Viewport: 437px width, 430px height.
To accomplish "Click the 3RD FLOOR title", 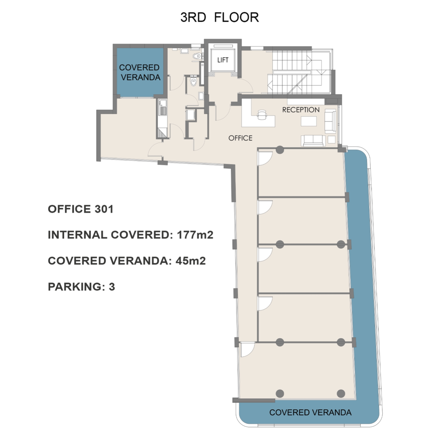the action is coord(219,17).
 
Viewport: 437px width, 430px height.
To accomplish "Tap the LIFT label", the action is coord(223,60).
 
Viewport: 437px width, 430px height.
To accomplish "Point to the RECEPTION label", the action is coord(301,110).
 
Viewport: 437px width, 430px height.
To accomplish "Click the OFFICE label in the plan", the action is coord(240,138).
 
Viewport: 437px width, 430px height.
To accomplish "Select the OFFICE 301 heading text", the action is coord(80,209).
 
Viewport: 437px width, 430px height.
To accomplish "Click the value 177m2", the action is coord(195,235).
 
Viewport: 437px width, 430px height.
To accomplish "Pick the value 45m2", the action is coord(191,261).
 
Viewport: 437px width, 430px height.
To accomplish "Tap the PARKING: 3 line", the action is coord(82,286).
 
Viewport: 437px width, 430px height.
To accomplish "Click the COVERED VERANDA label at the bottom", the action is coord(310,412).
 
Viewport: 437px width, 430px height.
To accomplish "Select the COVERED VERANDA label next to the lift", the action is coord(140,73).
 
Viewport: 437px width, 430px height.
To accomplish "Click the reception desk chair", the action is coord(262,114).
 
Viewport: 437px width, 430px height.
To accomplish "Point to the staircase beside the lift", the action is coord(299,71).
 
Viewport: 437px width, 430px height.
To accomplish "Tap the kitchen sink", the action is coord(163,111).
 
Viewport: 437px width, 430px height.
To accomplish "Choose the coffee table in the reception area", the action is coord(309,121).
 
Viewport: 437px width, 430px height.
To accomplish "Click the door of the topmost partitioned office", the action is coord(265,158).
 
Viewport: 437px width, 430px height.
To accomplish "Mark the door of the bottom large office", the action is coord(247,350).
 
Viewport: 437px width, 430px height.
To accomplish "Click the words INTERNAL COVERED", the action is coord(108,235).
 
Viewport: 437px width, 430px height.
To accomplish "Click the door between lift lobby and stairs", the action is coord(245,86).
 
